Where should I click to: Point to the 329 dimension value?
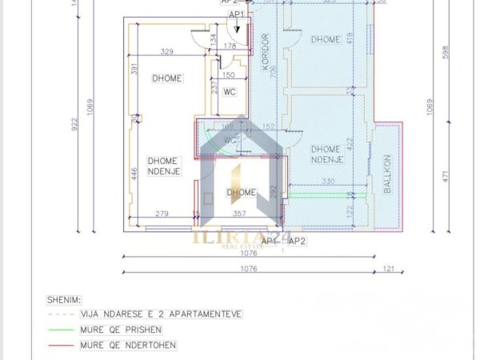coord(167,52)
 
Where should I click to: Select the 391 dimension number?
coord(135,70)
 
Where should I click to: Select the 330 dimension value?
coord(328,182)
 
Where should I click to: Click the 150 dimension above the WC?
coord(228,77)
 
